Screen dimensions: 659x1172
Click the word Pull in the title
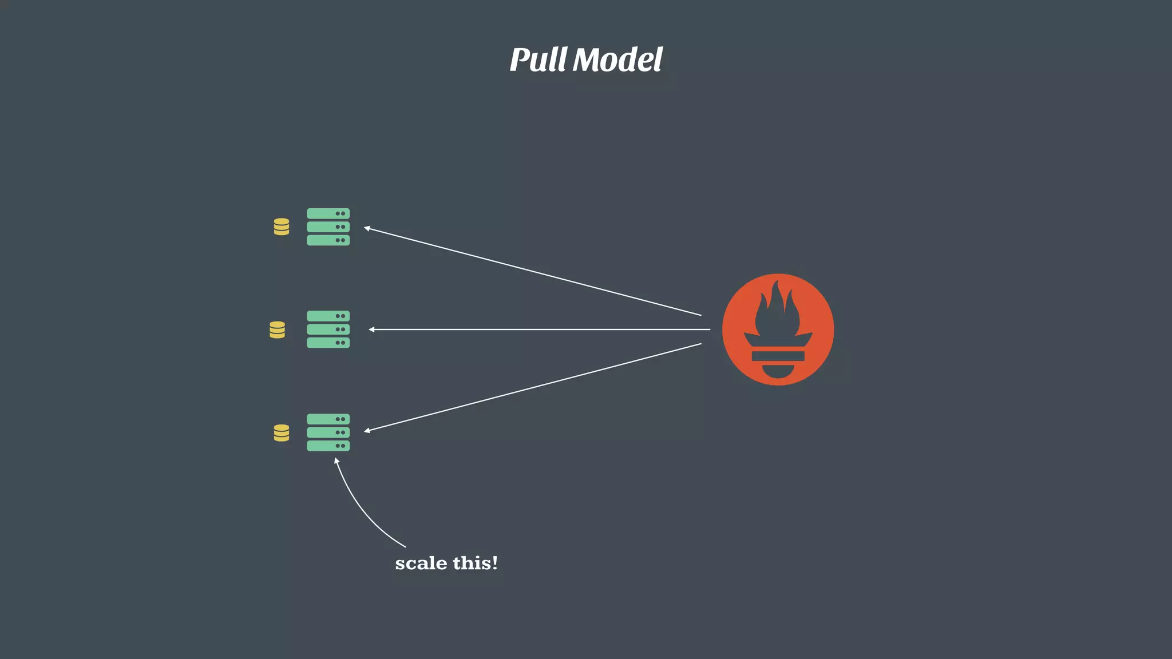[x=538, y=60]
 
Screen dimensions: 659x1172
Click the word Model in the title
[x=617, y=60]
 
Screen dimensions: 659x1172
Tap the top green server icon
[x=328, y=227]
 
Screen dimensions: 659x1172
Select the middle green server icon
[x=328, y=329]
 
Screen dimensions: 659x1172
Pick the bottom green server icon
[x=328, y=432]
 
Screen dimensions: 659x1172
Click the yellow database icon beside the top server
[x=281, y=227]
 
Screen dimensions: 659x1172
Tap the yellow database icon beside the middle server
[x=277, y=329]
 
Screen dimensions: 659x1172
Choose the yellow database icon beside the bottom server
[x=281, y=432]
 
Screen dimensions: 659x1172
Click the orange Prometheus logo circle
[x=778, y=329]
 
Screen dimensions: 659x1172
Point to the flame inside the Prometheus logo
[x=777, y=312]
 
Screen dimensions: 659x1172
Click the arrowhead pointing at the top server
[x=367, y=228]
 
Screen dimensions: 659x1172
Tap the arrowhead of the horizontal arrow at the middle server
[x=371, y=329]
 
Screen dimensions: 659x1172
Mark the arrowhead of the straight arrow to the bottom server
[x=367, y=430]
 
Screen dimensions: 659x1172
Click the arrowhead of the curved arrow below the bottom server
[x=336, y=460]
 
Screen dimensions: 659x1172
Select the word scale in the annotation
[x=421, y=563]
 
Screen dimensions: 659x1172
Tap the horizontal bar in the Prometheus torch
[x=778, y=356]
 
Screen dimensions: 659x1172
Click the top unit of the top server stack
[x=328, y=213]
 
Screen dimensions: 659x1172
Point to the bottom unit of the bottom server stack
[x=328, y=446]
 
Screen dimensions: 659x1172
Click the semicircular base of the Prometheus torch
[x=778, y=371]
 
